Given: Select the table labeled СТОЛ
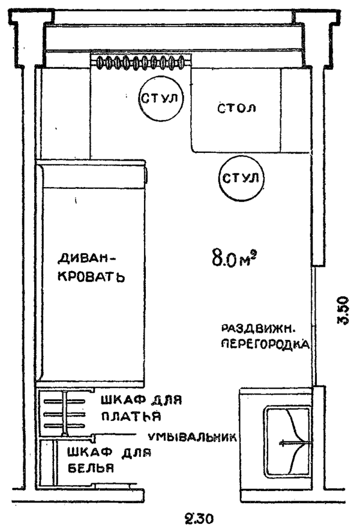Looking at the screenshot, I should tap(236, 110).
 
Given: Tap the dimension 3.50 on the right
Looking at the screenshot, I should tap(343, 310).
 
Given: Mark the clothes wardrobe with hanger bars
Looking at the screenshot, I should tap(63, 411).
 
